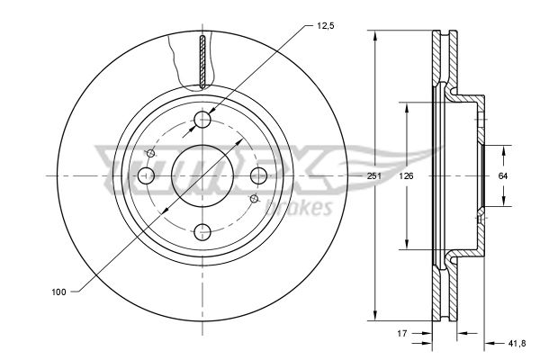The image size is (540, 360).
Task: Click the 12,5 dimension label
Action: point(325,26)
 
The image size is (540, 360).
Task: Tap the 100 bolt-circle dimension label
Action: point(58,292)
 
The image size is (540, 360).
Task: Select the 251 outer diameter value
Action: point(374,176)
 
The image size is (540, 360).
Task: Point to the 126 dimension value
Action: point(407,176)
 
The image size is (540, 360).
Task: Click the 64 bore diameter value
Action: point(503,176)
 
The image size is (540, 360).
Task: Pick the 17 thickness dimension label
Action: point(402,334)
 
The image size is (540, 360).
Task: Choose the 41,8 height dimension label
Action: point(517,343)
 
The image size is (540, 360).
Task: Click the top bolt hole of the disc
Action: point(202,120)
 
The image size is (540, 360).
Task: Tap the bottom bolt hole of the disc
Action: point(202,232)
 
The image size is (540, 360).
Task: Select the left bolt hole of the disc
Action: point(146,175)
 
